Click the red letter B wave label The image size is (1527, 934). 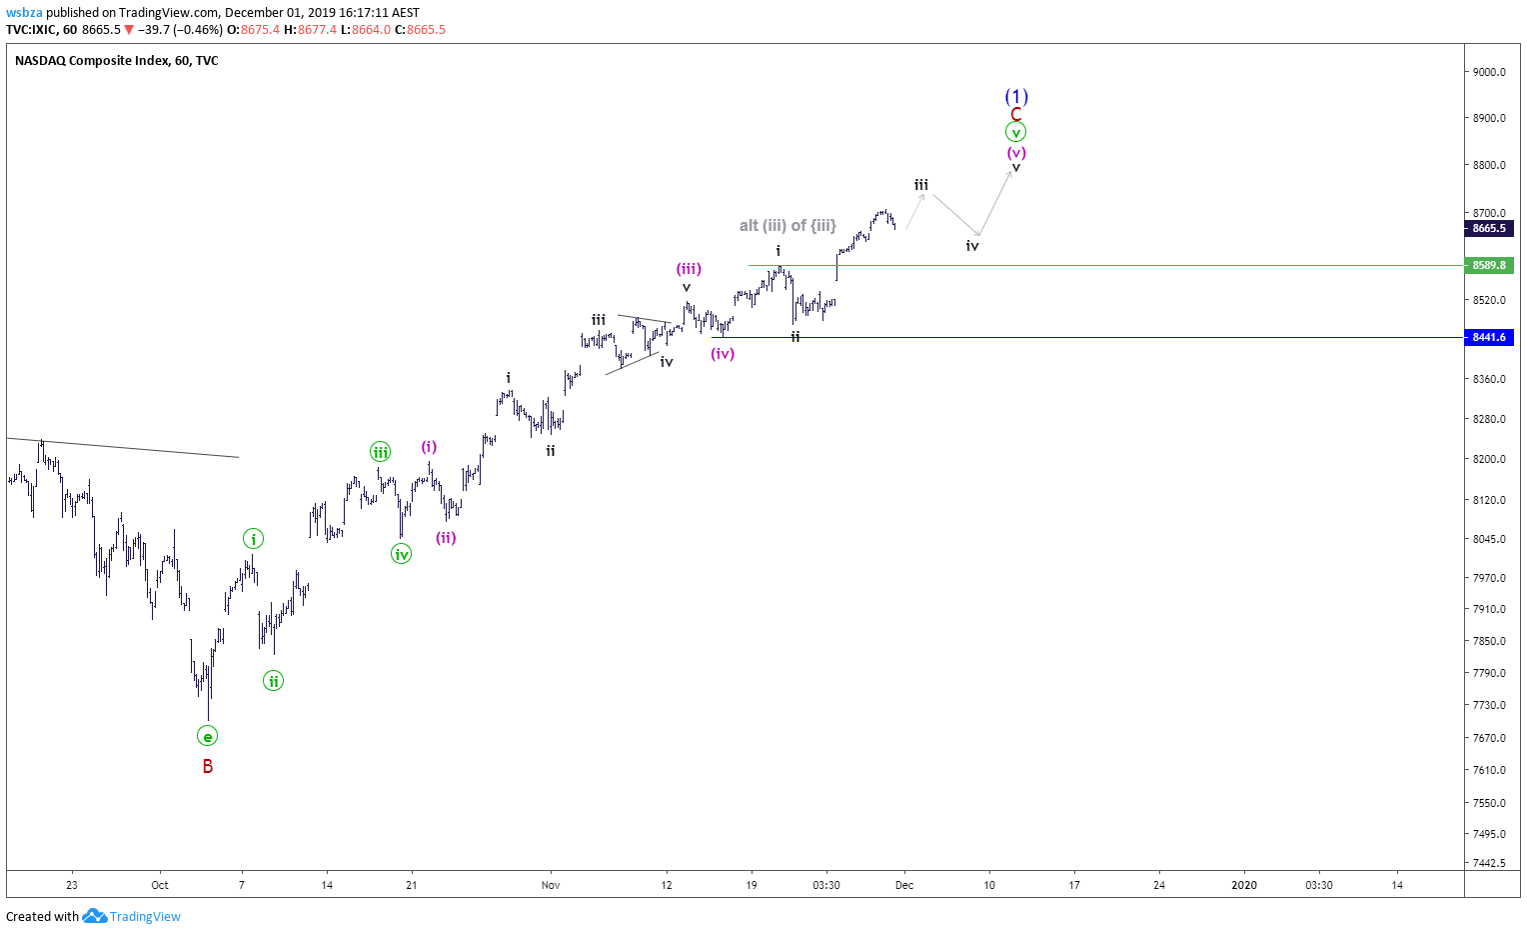pos(208,766)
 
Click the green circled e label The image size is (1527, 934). pos(207,735)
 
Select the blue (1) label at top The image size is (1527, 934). pos(1016,96)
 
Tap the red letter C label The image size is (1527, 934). pos(1015,114)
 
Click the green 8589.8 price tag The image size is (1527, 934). pos(1489,265)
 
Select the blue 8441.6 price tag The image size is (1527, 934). pos(1489,337)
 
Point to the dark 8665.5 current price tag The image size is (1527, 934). pos(1489,228)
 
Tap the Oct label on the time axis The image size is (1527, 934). pos(160,885)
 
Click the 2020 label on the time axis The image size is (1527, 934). pos(1244,885)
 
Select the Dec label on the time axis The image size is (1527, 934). pos(904,885)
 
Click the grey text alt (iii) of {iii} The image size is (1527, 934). pos(787,225)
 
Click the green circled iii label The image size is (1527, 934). pos(381,452)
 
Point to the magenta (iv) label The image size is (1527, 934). pos(723,353)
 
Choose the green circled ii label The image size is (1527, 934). pos(274,681)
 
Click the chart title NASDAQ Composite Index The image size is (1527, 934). pos(93,61)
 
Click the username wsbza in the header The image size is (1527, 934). pos(25,12)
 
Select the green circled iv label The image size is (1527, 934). pos(401,554)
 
